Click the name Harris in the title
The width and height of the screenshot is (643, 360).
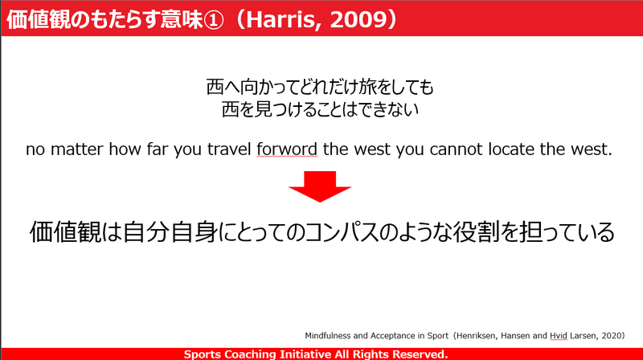[x=280, y=19]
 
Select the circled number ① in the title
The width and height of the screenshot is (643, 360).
[x=213, y=19]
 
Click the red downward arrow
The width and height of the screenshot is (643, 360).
[x=320, y=186]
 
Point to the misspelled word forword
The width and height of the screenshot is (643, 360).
[x=287, y=149]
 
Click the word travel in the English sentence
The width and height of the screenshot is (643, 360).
[x=229, y=149]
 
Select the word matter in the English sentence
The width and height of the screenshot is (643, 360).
[x=76, y=149]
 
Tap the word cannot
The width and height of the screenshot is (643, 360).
[x=456, y=149]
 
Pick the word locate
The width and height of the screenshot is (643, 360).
[x=511, y=149]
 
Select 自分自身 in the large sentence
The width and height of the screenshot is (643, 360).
[x=170, y=232]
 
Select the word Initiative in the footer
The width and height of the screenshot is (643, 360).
[x=305, y=354]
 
